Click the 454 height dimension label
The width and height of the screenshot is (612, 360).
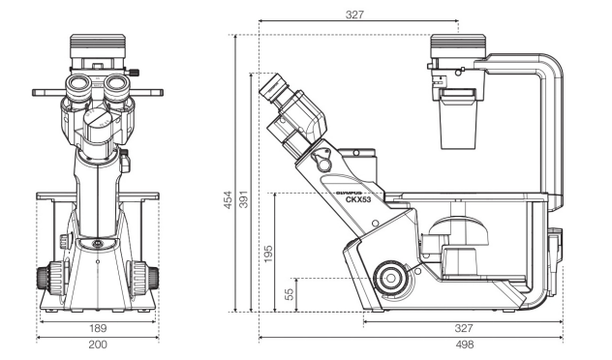(228, 199)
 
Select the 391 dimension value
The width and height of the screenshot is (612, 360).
(244, 199)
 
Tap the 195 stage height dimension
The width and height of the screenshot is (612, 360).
(268, 254)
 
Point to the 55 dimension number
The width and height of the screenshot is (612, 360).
(290, 294)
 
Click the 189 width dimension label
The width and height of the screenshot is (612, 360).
(98, 328)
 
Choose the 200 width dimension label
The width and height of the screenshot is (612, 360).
(98, 345)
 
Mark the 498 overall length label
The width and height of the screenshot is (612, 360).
(465, 345)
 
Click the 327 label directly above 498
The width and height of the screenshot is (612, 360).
(464, 328)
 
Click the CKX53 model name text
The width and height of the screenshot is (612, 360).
(358, 199)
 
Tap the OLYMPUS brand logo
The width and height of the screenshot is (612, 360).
(350, 193)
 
